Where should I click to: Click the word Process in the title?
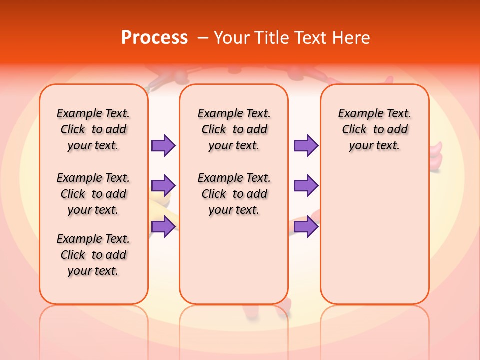pos(154,37)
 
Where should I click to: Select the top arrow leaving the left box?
pos(163,145)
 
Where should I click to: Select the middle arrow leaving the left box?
pos(163,186)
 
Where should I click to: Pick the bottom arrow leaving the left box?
pos(163,227)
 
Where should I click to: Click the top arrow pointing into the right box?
pos(306,145)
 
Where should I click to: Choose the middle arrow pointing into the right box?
pos(306,186)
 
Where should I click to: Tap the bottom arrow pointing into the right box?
pos(306,227)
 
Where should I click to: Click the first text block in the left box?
pos(93,129)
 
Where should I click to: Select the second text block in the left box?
pos(93,194)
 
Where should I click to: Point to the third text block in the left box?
pos(93,255)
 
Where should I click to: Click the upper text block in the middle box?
pos(234,129)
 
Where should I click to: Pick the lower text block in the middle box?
pos(234,194)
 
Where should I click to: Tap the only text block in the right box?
pos(374,129)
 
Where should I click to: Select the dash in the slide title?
pos(203,38)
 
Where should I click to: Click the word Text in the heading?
pos(312,37)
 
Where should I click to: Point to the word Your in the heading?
pos(231,37)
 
